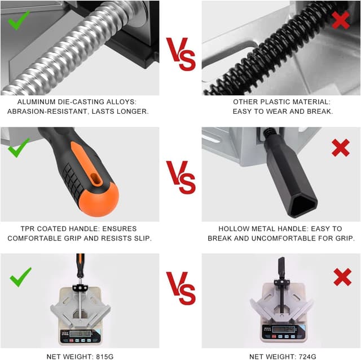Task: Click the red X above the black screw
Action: coord(341,21)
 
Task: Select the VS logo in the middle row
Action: coord(180,177)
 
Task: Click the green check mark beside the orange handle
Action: coord(19,148)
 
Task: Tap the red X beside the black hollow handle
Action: coord(341,148)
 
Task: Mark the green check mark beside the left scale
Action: coord(20,277)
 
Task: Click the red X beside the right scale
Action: coord(342,277)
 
